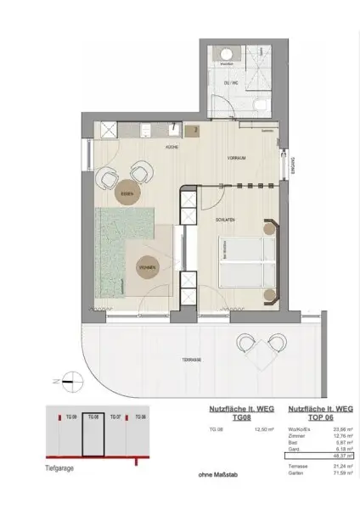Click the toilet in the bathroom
point(263,103)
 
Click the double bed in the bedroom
point(245,265)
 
